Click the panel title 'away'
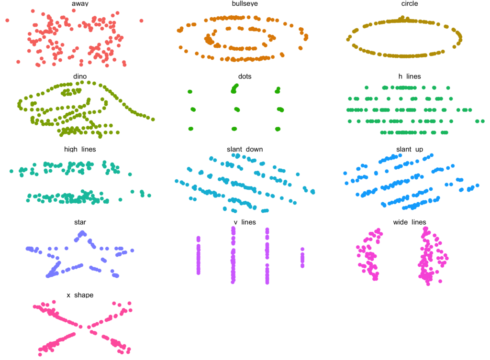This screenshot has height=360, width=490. [80, 4]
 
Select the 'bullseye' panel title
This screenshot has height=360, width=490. [245, 4]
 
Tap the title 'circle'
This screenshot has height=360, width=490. [410, 3]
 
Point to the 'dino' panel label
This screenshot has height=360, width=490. [80, 76]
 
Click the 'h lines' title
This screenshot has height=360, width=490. [410, 76]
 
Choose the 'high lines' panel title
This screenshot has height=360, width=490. [80, 149]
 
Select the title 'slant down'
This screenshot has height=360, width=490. [245, 149]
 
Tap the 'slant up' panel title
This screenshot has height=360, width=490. [410, 149]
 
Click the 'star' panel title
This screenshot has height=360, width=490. [80, 222]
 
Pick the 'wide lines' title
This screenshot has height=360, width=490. [410, 222]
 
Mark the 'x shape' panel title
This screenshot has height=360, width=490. [80, 295]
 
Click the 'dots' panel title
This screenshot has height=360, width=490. [245, 76]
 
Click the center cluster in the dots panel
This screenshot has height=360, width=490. [237, 109]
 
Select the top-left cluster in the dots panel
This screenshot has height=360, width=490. [189, 91]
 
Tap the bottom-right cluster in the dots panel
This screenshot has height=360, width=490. [278, 129]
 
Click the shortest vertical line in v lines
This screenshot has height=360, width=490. [302, 258]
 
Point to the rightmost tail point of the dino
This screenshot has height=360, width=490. [153, 119]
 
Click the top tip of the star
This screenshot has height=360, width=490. [82, 233]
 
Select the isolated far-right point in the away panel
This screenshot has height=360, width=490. [141, 21]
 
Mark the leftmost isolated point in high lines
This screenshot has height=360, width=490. [11, 171]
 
